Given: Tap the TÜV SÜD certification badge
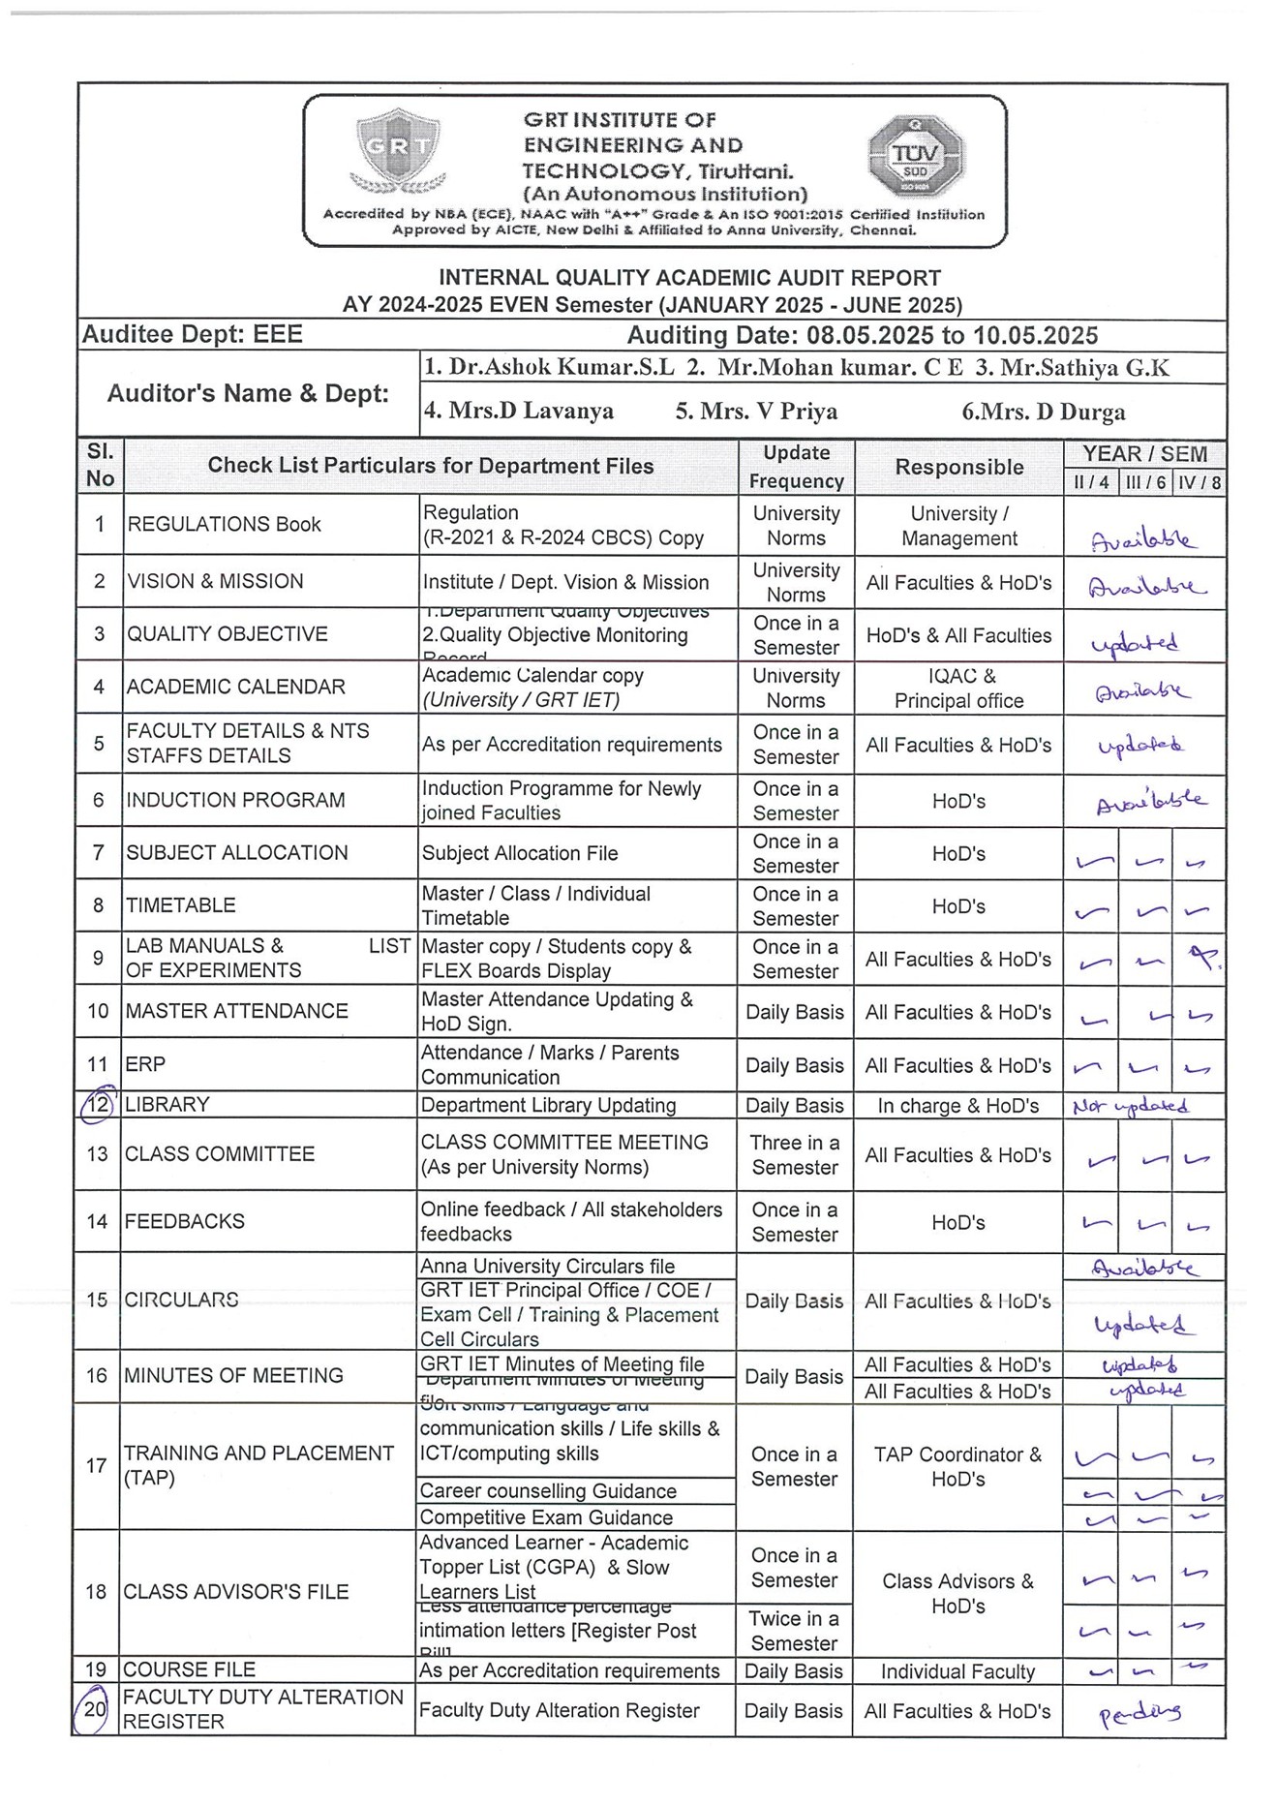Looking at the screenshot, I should (x=915, y=155).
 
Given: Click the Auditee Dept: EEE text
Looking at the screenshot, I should (x=192, y=335).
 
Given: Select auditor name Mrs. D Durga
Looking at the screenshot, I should (x=1043, y=412).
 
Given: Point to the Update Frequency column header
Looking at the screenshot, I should (x=796, y=467).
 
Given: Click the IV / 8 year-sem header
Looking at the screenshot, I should (x=1200, y=482).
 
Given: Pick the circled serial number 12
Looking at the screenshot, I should (x=98, y=1105).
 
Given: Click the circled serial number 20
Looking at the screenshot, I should (x=93, y=1709).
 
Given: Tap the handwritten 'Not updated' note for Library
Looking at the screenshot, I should (x=1130, y=1106).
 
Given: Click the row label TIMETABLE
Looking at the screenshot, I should (x=181, y=905).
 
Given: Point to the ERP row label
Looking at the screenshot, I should (x=146, y=1064).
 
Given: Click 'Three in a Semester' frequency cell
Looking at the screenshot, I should (x=795, y=1154).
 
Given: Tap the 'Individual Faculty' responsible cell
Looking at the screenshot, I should (x=957, y=1671).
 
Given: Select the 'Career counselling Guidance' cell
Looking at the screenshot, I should (x=548, y=1491).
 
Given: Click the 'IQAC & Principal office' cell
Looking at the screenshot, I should (x=958, y=689).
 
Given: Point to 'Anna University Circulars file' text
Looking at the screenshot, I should (x=547, y=1267).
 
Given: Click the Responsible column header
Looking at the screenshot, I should (x=958, y=467).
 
